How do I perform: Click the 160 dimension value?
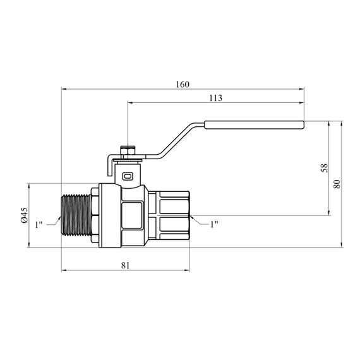183,85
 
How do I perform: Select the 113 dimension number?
215,98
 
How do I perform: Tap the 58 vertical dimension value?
325,168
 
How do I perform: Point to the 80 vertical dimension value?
337,184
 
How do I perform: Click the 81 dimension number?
125,265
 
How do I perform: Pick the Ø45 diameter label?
25,215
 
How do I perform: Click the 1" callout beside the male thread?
39,225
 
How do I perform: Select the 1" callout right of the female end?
214,224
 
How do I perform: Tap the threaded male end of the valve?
76,215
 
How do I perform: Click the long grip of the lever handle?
254,124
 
